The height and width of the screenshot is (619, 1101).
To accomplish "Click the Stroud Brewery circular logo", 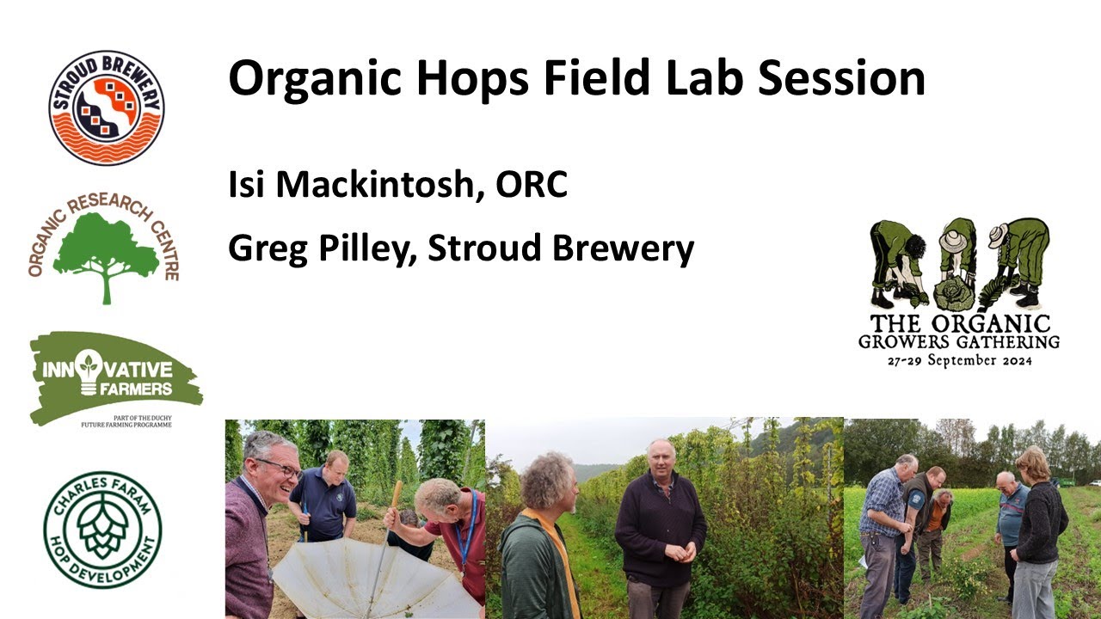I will pyautogui.click(x=106, y=107).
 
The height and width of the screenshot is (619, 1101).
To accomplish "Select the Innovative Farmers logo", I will pyautogui.click(x=114, y=378).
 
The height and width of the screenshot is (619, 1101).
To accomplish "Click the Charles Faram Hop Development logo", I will pyautogui.click(x=103, y=530).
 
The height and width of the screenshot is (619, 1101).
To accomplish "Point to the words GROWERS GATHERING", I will pyautogui.click(x=959, y=341).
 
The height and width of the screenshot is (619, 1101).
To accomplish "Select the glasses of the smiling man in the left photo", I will pyautogui.click(x=277, y=468).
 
